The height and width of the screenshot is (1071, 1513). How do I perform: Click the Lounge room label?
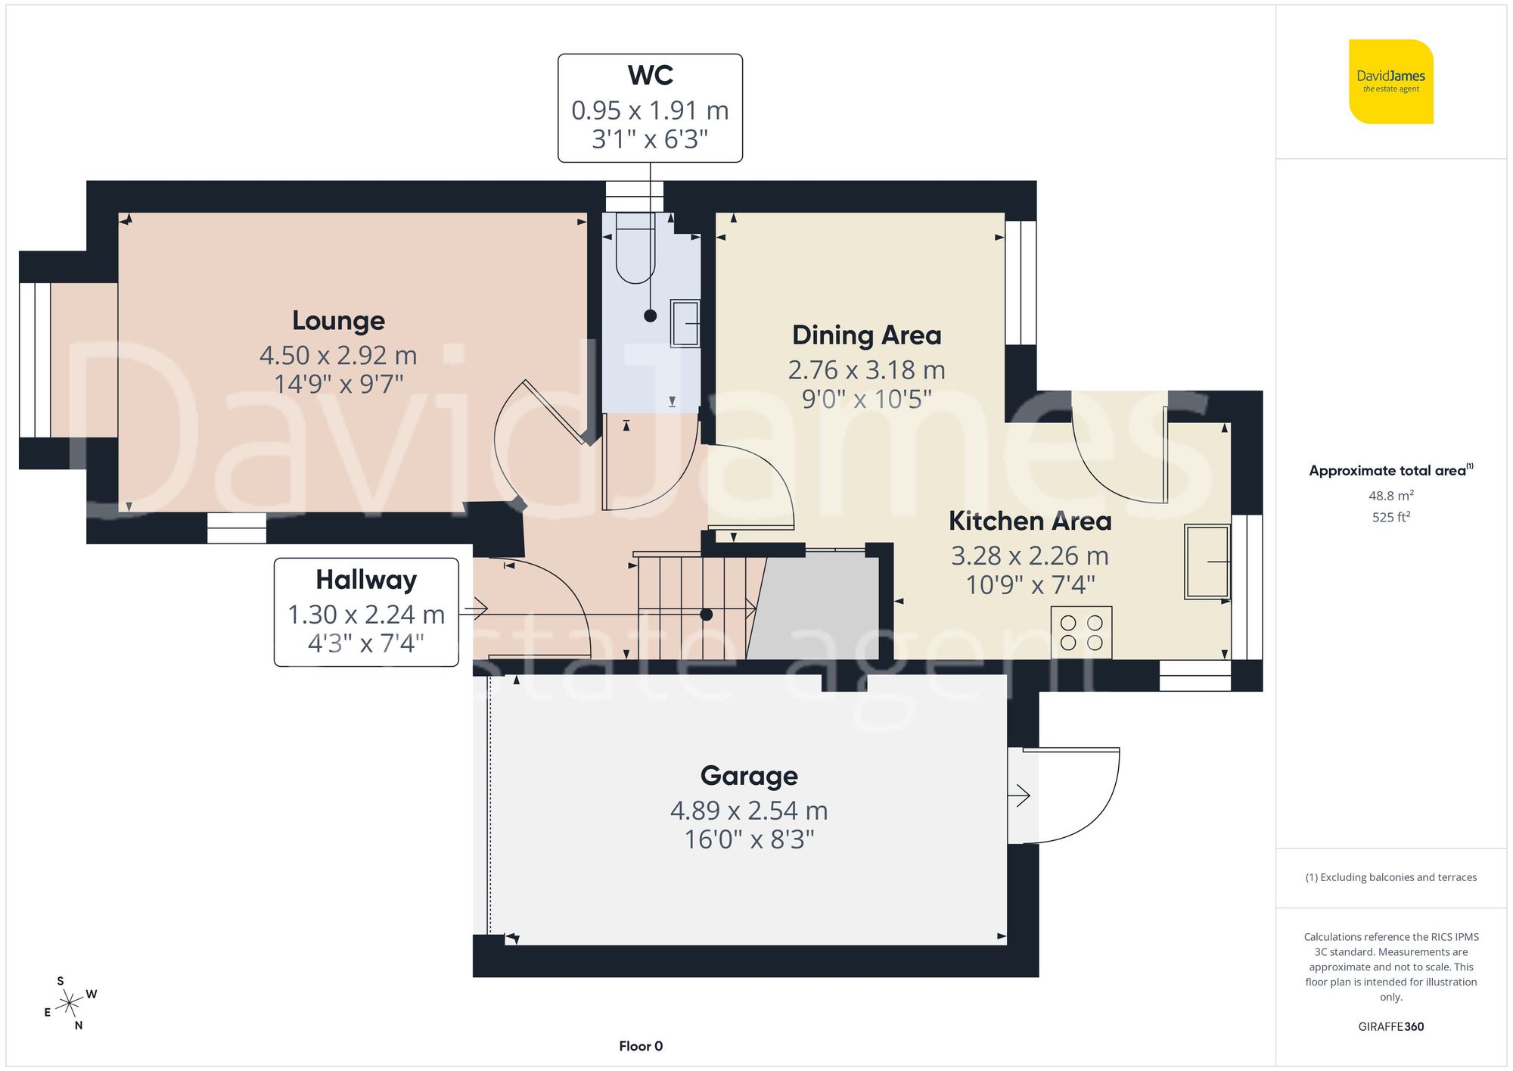(338, 321)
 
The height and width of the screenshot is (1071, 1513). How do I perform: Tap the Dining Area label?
(866, 335)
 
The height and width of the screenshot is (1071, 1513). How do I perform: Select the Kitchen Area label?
(1030, 521)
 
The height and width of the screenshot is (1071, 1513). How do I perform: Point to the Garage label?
(749, 776)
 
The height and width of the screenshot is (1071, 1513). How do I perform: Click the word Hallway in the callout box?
(366, 580)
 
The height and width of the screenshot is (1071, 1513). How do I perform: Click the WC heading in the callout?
(650, 76)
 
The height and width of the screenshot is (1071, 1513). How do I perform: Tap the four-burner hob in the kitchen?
(1081, 633)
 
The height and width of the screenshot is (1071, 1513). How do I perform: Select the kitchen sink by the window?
(1207, 562)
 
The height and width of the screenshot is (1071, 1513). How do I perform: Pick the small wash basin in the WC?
(685, 323)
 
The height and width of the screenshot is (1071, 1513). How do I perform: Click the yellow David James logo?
(1390, 82)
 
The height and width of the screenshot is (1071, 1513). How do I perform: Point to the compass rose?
(70, 1004)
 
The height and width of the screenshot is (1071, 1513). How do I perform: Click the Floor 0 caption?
(640, 1046)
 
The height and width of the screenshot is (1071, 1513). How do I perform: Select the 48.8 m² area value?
(1390, 496)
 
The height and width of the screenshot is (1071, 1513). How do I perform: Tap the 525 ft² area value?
(1390, 517)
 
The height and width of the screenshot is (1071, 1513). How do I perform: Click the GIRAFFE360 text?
(1390, 1026)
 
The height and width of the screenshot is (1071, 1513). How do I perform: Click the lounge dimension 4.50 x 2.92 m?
(338, 355)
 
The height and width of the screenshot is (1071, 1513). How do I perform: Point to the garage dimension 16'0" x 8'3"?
(749, 839)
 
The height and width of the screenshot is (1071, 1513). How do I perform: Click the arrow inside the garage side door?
(1019, 795)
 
